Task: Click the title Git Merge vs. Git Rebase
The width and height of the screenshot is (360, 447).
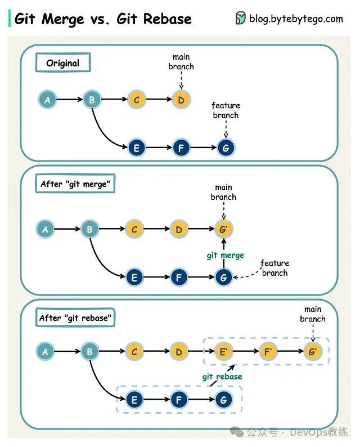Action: click(x=103, y=19)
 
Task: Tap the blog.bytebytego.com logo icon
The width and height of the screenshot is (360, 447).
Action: click(x=241, y=19)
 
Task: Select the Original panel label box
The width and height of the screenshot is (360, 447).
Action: click(x=63, y=63)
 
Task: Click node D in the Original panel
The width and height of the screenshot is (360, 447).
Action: click(x=181, y=100)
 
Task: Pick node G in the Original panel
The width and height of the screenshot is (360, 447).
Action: click(x=226, y=147)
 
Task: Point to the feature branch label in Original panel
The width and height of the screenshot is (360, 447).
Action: click(x=226, y=110)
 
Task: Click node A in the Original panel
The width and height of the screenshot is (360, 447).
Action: click(x=48, y=100)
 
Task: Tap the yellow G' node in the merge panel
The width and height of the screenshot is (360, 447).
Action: click(x=224, y=230)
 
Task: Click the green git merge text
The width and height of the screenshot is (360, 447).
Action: click(x=225, y=255)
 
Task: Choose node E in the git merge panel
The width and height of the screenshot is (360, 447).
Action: click(x=134, y=277)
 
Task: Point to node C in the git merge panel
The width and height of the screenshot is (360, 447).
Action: click(x=134, y=230)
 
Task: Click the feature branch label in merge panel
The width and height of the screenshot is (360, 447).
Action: click(x=274, y=268)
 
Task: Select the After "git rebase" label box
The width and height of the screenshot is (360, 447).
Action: click(x=75, y=318)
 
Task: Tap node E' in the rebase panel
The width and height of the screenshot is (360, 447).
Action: click(x=223, y=352)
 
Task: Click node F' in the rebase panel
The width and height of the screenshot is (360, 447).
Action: click(x=268, y=352)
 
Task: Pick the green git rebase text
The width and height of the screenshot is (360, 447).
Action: click(x=222, y=377)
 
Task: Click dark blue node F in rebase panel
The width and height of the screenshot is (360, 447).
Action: click(x=179, y=400)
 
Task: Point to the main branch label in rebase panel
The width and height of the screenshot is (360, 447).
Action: click(x=313, y=314)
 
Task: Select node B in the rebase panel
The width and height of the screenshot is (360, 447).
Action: click(x=89, y=352)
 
